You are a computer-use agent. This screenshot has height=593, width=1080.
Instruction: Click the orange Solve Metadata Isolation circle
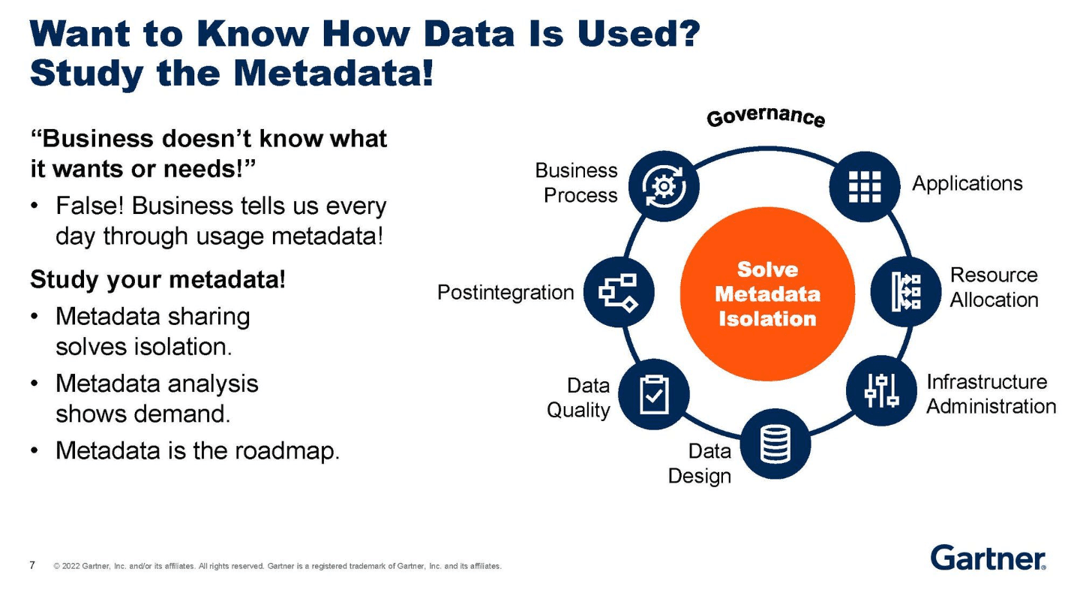tap(766, 293)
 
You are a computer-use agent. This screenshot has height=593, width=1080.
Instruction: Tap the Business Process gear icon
tap(663, 184)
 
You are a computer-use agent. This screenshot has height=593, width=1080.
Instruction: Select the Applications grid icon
tap(865, 186)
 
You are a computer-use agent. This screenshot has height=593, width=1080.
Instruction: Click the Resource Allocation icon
tap(904, 290)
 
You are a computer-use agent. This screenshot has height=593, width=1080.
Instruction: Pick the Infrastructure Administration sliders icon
tap(881, 390)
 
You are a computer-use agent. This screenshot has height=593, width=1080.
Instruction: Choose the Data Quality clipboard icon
tap(653, 394)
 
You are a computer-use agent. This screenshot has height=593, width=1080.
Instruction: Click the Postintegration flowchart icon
tap(619, 292)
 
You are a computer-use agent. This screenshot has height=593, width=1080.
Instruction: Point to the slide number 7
tap(32, 565)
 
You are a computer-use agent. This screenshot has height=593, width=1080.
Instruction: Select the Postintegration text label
tap(505, 292)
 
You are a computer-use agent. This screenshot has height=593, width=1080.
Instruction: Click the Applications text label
tap(967, 183)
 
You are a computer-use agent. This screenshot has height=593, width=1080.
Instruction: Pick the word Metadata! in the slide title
tap(333, 73)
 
